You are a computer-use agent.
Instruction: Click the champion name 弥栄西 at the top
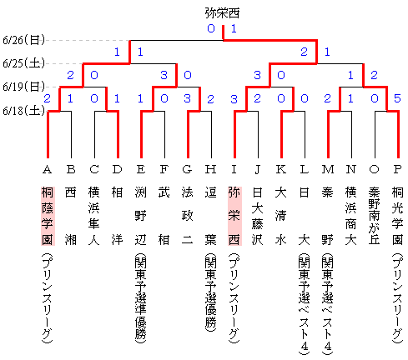click(x=222, y=13)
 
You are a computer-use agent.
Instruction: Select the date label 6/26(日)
click(x=23, y=40)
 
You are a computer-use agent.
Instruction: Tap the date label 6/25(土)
click(x=23, y=63)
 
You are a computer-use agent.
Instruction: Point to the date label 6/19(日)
click(x=23, y=87)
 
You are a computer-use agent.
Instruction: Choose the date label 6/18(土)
click(x=23, y=111)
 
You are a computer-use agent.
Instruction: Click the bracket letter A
click(x=48, y=169)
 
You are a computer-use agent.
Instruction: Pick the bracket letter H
click(x=210, y=169)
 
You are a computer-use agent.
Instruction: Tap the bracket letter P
click(x=397, y=169)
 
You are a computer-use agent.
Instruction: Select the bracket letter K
click(x=280, y=169)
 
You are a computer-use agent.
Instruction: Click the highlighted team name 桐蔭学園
click(x=48, y=216)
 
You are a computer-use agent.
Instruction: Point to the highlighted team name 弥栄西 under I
click(x=234, y=216)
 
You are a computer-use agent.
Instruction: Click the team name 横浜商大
click(x=350, y=216)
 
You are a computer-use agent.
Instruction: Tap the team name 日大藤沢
click(x=257, y=216)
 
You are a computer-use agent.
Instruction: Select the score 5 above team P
click(x=397, y=98)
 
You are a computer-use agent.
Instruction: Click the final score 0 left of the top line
click(x=211, y=28)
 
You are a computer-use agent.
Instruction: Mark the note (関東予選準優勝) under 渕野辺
click(x=141, y=297)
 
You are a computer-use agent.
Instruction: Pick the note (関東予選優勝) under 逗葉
click(x=211, y=292)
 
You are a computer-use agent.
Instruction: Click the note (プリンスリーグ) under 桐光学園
click(x=398, y=297)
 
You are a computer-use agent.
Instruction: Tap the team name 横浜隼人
click(x=94, y=216)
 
